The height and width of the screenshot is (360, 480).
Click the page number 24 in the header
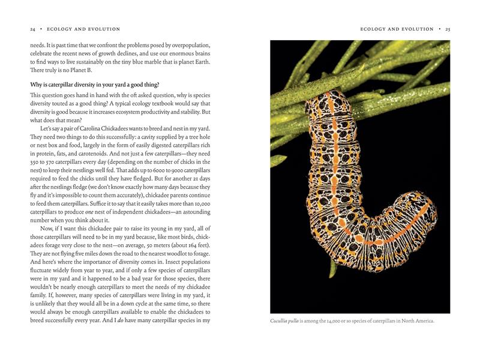click(x=32, y=29)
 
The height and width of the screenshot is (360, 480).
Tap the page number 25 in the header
click(x=446, y=29)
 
